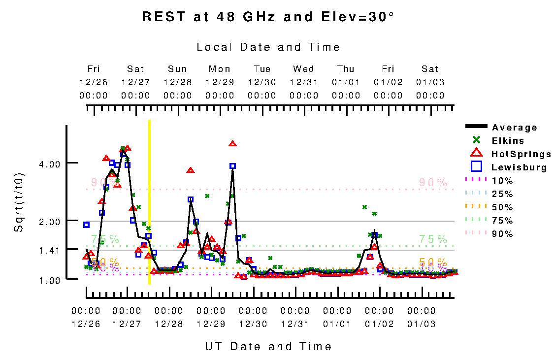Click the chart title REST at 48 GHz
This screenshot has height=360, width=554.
pyautogui.click(x=268, y=17)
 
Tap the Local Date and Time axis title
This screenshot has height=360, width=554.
pyautogui.click(x=268, y=47)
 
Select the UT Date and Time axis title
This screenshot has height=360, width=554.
pyautogui.click(x=268, y=347)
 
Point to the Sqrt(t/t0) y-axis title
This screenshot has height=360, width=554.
pyautogui.click(x=19, y=202)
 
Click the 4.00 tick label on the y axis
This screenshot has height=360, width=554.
pyautogui.click(x=49, y=164)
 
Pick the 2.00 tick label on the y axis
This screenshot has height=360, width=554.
pyautogui.click(x=49, y=221)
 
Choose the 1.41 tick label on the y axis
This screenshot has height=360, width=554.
pyautogui.click(x=49, y=250)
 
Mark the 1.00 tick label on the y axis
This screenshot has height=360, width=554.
pyautogui.click(x=49, y=280)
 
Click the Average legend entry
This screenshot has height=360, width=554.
pyautogui.click(x=514, y=128)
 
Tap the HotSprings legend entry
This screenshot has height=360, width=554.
pyautogui.click(x=521, y=154)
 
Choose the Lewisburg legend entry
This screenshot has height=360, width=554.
pyautogui.click(x=519, y=167)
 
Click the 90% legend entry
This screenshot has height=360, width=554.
pyautogui.click(x=502, y=234)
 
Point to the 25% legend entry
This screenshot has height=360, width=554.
pyautogui.click(x=502, y=194)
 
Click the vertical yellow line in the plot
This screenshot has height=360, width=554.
pyautogui.click(x=149, y=202)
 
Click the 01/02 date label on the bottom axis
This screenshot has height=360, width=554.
pyautogui.click(x=380, y=324)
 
